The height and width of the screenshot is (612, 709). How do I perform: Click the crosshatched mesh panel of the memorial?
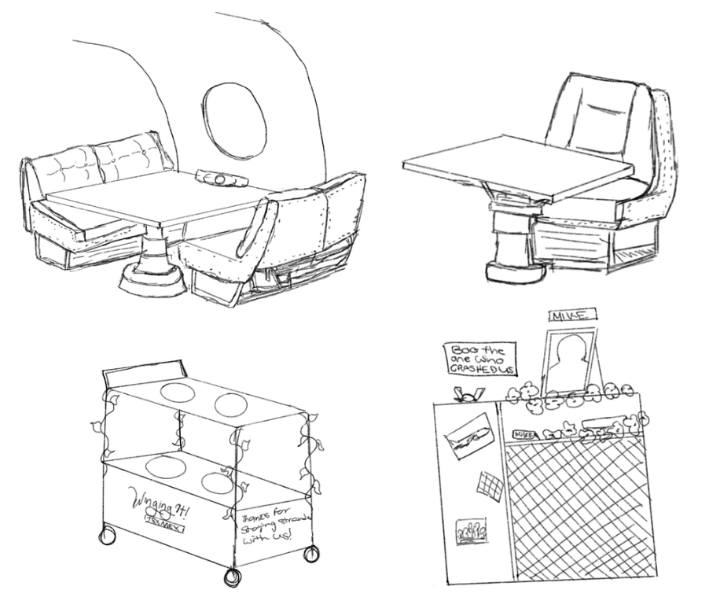pos(582,503)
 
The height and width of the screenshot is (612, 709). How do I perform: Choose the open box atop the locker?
pos(468,396)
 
